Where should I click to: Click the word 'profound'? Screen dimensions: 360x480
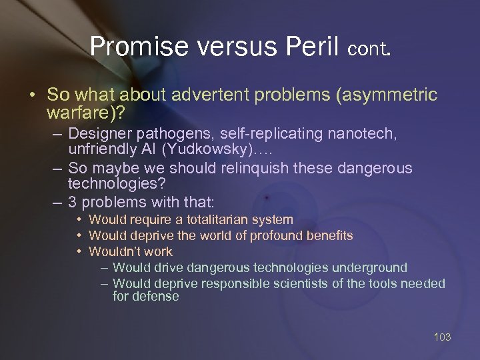273,235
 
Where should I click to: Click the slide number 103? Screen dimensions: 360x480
442,337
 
